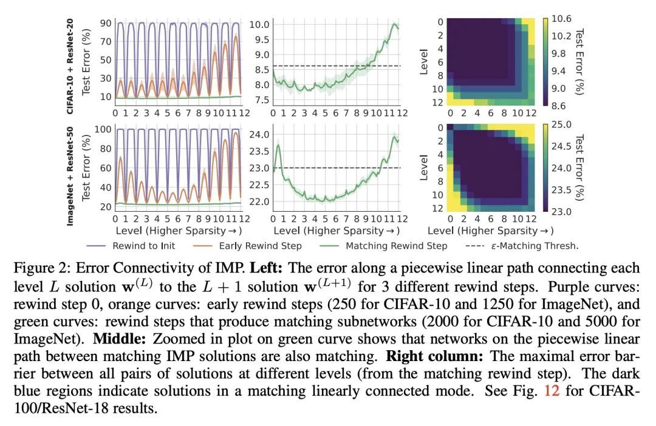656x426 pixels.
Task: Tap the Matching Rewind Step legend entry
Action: click(396, 246)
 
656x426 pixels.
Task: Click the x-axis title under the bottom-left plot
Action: click(178, 230)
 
